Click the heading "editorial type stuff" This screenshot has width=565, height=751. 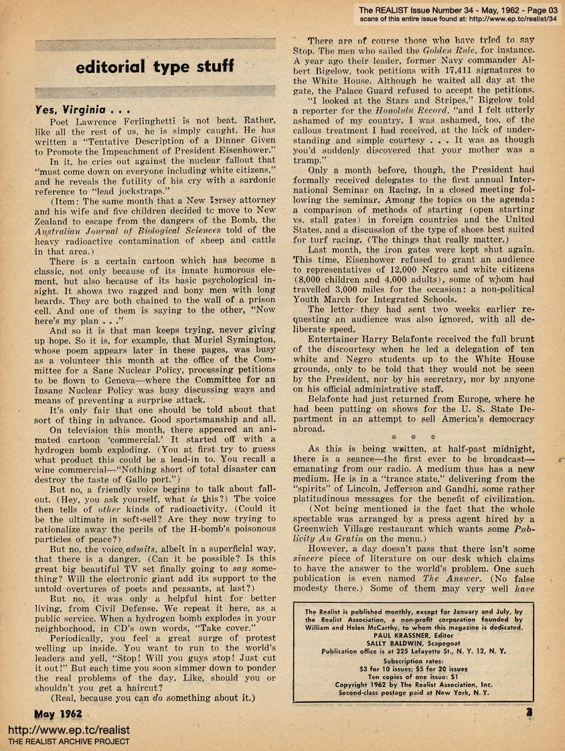pos(155,66)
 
